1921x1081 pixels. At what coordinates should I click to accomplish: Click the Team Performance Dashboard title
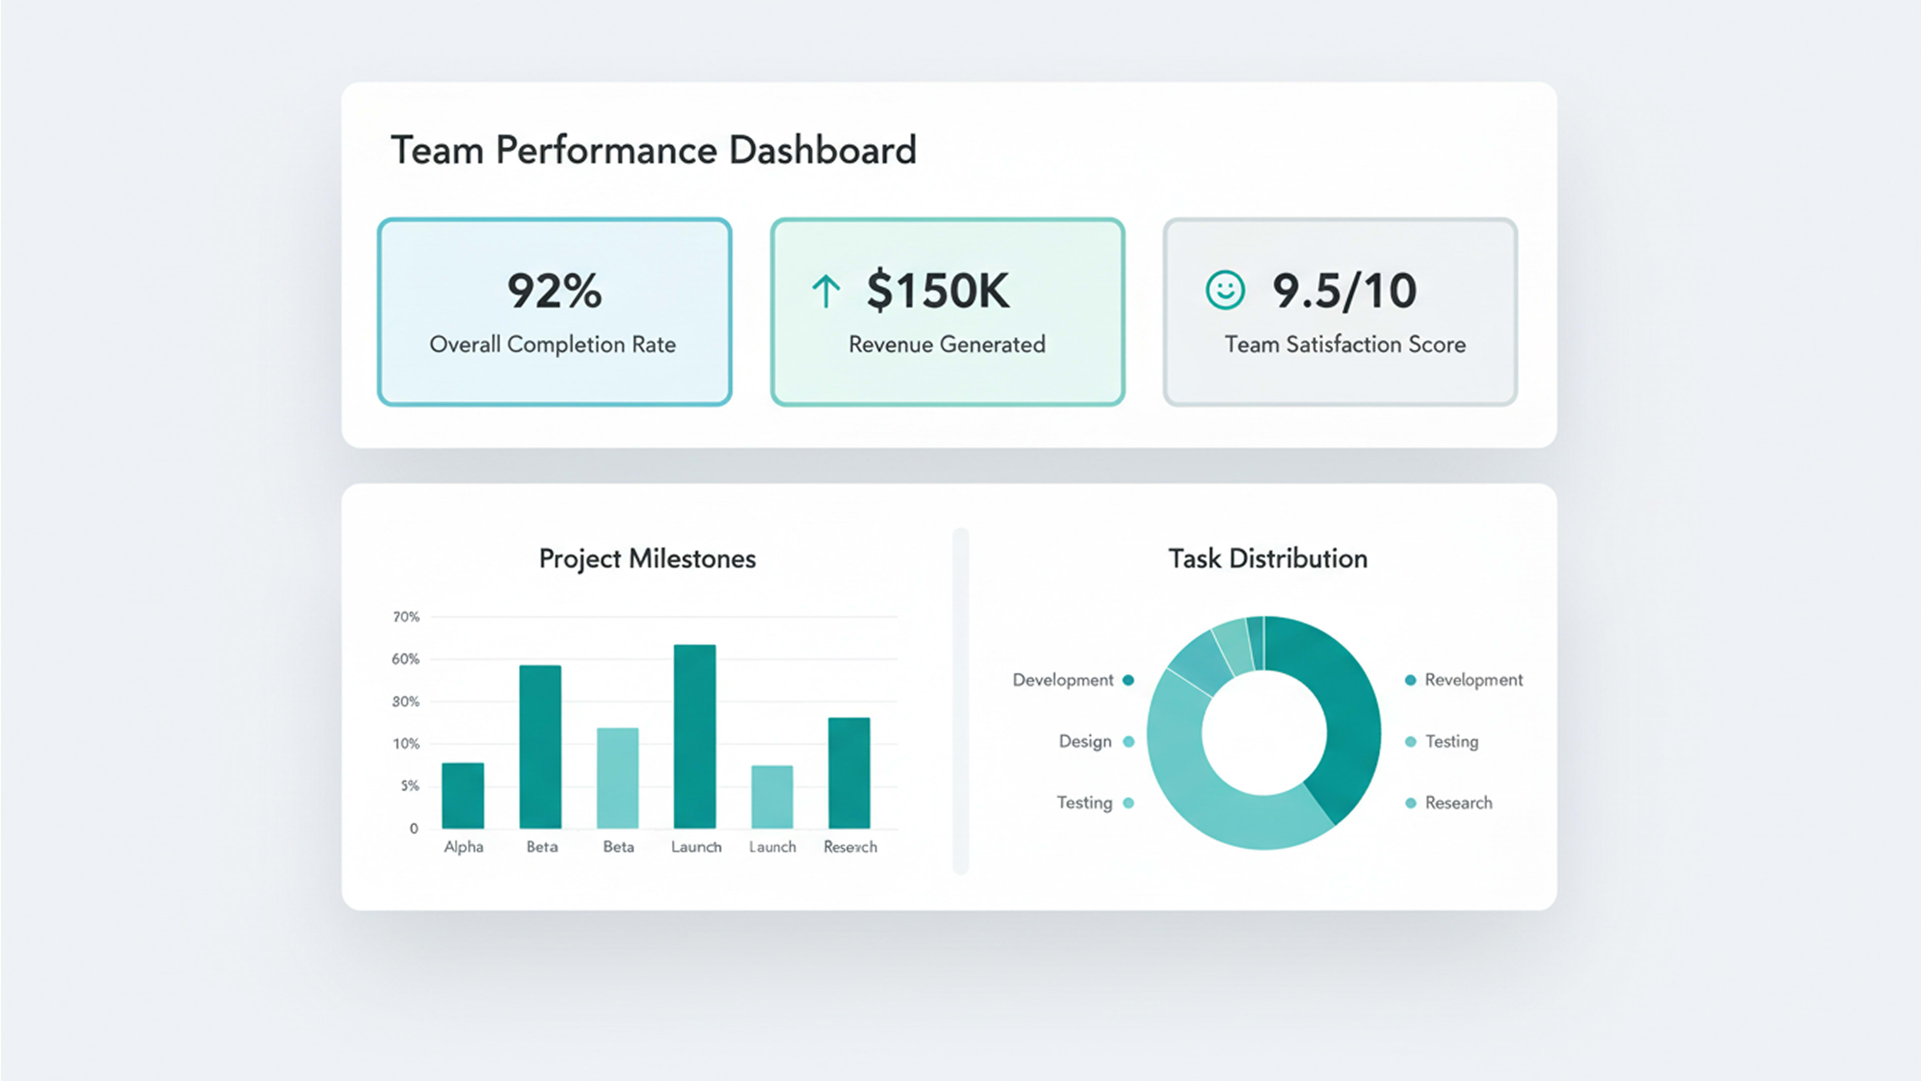click(x=653, y=150)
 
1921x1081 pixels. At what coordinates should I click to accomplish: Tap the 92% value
click(x=554, y=290)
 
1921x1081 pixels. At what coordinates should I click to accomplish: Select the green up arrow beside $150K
click(x=825, y=291)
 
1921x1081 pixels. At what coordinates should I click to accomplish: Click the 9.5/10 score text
click(x=1344, y=290)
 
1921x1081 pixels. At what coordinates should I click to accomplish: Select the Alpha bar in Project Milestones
click(x=462, y=795)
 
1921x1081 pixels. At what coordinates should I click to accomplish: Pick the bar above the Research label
click(x=848, y=772)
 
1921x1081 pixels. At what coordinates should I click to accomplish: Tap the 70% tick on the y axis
click(x=406, y=617)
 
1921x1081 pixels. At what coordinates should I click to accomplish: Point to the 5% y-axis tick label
click(x=409, y=786)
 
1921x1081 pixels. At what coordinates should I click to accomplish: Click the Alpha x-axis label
click(x=463, y=847)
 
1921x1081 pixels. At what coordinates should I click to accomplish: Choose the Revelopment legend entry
click(x=1473, y=680)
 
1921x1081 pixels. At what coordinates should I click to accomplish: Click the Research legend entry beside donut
click(x=1458, y=803)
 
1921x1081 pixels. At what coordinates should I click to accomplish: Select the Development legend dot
click(x=1128, y=680)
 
